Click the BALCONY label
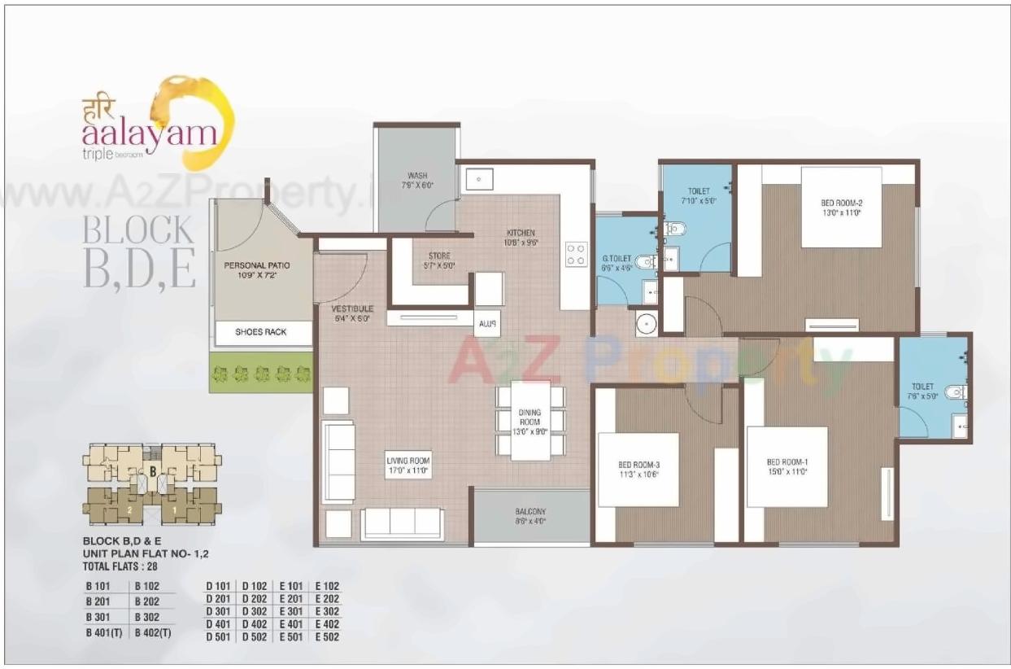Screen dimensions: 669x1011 (x=529, y=513)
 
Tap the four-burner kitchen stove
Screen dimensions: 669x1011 (x=575, y=254)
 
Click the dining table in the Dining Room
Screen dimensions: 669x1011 (x=530, y=421)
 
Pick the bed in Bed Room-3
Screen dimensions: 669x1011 (x=638, y=470)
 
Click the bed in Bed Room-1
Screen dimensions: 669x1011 (x=787, y=466)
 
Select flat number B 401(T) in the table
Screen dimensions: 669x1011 (x=103, y=632)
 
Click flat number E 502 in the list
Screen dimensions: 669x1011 (x=326, y=636)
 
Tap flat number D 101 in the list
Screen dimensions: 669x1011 (x=218, y=585)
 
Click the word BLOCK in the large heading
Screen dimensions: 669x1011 (x=138, y=230)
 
